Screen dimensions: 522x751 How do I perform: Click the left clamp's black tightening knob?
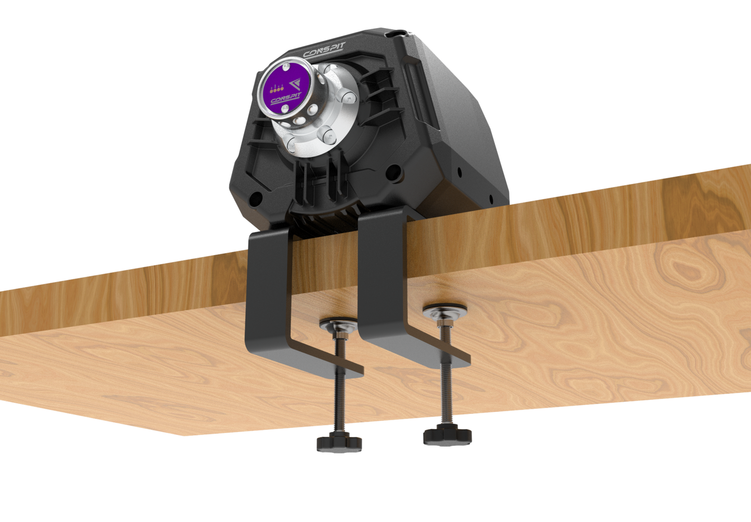[339, 443]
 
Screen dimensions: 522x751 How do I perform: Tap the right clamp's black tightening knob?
[447, 435]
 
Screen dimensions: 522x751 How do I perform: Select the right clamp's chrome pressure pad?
[444, 312]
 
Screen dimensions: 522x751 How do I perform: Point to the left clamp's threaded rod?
[340, 395]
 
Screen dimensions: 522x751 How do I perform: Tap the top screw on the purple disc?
[287, 66]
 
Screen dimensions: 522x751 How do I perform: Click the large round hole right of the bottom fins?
[393, 170]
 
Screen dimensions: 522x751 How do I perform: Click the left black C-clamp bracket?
[270, 291]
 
